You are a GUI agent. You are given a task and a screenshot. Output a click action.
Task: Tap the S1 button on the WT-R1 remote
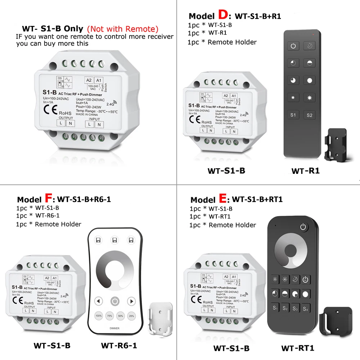[x=293, y=115]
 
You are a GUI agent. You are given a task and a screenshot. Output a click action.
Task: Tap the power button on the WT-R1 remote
[x=293, y=46]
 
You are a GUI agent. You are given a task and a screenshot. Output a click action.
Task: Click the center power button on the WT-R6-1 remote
[x=114, y=301]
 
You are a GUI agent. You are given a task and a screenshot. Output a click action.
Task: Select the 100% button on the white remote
[x=99, y=316]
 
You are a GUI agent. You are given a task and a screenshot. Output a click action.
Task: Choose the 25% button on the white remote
[x=131, y=316]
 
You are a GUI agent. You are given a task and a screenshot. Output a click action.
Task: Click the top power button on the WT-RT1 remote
[x=303, y=227]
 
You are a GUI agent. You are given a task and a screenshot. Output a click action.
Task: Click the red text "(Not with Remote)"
[x=123, y=29]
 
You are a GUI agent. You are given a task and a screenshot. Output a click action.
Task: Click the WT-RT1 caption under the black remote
[x=298, y=348]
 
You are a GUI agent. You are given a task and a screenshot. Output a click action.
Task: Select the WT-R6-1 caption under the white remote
[x=119, y=346]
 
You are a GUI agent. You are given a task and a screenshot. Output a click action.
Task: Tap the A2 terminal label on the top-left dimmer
[x=88, y=80]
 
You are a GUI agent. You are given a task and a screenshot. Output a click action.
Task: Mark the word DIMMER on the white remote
[x=114, y=328]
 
